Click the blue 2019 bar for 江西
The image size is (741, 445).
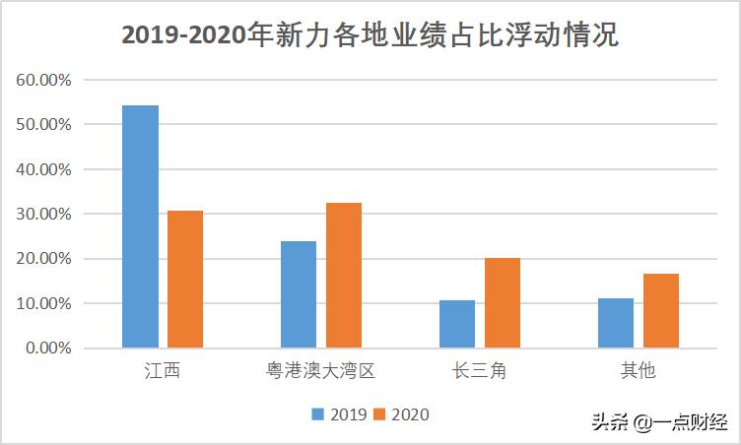(x=140, y=226)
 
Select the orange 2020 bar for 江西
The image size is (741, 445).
(x=185, y=279)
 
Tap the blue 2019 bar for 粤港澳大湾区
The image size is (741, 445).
(x=299, y=294)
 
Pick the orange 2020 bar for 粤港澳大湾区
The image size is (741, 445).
(x=344, y=275)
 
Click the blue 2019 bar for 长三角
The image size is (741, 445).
(x=457, y=324)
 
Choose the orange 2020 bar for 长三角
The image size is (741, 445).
(x=503, y=303)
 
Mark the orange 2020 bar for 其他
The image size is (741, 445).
(x=661, y=310)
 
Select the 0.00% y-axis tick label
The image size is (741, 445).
(x=47, y=348)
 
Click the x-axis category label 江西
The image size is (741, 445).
(x=163, y=371)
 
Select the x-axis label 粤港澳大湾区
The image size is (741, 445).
(x=321, y=371)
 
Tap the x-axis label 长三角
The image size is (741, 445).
(x=480, y=371)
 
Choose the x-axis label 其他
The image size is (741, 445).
(x=639, y=371)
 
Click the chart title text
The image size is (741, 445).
(x=370, y=36)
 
